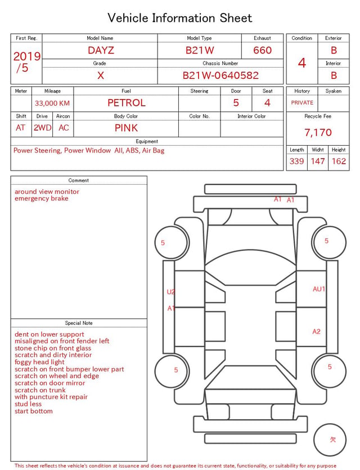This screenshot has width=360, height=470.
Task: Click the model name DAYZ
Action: tap(101, 50)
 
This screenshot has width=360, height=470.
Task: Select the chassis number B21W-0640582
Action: tap(220, 75)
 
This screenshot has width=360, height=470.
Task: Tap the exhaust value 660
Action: tap(262, 50)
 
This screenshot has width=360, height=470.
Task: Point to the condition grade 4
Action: tap(302, 63)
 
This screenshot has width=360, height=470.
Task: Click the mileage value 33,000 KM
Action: tap(52, 104)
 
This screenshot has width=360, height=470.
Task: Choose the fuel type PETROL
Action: tap(127, 103)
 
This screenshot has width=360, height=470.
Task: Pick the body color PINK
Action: tap(126, 128)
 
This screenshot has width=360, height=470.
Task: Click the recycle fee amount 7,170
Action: tap(318, 132)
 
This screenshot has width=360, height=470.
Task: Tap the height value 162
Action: tap(339, 161)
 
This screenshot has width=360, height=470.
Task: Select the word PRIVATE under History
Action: tap(302, 102)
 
